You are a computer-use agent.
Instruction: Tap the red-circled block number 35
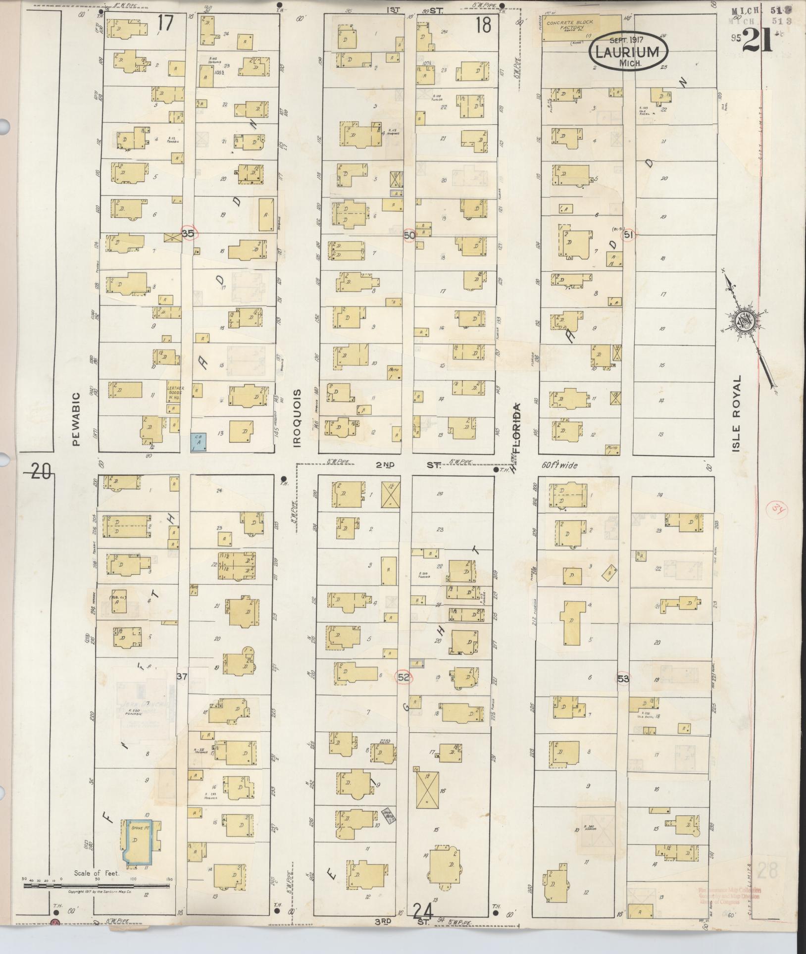click(x=188, y=234)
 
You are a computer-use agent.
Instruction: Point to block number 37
click(x=182, y=676)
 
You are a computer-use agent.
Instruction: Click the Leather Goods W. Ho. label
click(x=174, y=390)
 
